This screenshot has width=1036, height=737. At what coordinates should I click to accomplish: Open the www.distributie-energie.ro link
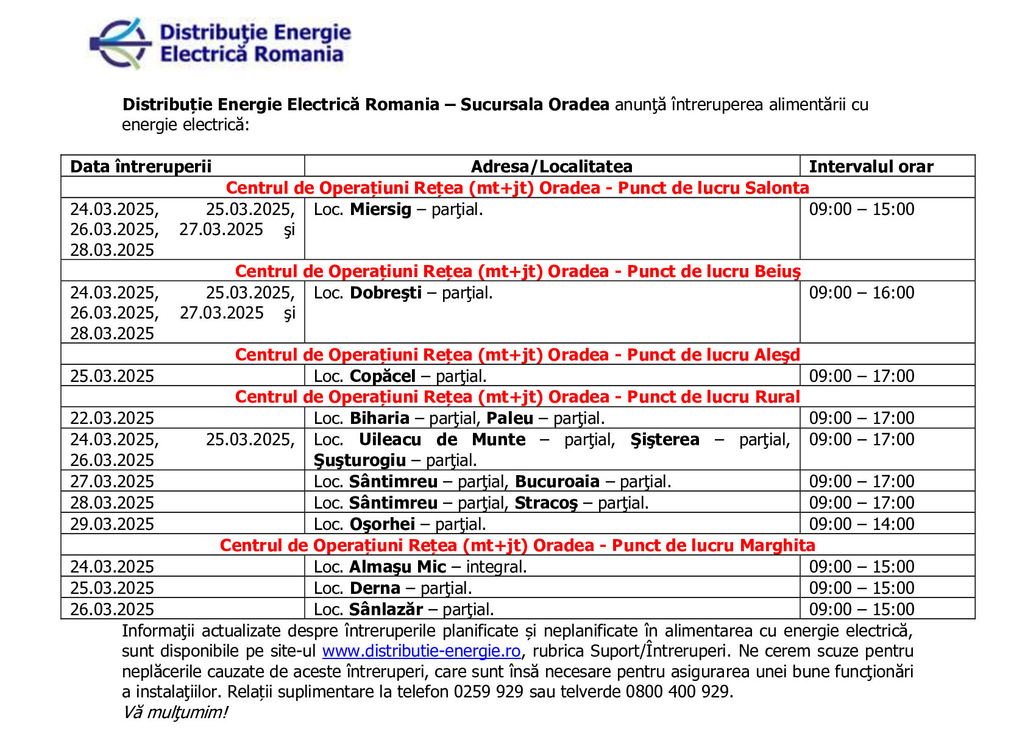point(421,651)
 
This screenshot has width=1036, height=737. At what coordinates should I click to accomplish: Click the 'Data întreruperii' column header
point(141,166)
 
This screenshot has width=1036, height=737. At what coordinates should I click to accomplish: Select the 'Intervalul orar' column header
point(871,166)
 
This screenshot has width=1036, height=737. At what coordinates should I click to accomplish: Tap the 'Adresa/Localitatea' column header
point(552,166)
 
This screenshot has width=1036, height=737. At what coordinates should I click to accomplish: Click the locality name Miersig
point(380,210)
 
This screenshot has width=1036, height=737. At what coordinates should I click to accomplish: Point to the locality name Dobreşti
point(385,293)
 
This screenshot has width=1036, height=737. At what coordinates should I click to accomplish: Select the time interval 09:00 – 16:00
point(862,293)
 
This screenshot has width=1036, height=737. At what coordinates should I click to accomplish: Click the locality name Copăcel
point(383,376)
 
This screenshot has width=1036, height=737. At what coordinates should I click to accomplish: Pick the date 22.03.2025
point(112,418)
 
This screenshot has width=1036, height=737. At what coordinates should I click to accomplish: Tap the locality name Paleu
point(509,418)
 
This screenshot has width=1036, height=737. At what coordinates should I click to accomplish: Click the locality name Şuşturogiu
point(360,460)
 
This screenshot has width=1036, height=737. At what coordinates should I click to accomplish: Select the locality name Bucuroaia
point(557,482)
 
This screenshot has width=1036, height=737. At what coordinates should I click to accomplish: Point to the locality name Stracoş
point(546,503)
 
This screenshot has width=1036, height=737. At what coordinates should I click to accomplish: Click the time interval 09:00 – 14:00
point(862,524)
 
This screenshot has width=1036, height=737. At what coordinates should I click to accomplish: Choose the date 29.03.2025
point(112,524)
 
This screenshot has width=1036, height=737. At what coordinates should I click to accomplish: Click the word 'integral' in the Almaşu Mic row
point(494,567)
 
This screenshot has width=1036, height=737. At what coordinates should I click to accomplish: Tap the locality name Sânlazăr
point(386,609)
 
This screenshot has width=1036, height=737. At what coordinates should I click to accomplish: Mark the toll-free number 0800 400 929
point(678,692)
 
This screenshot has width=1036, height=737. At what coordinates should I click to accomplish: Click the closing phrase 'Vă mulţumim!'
point(175,712)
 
